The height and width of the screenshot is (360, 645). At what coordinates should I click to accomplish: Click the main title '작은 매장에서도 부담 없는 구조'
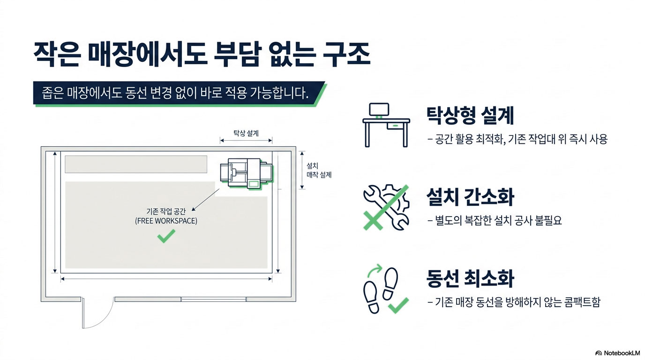tap(202, 55)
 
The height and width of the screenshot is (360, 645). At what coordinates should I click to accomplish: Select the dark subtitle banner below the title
tap(178, 94)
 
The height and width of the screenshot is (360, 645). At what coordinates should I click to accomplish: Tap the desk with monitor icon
tap(386, 124)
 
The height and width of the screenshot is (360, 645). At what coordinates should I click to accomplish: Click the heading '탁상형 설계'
tap(470, 115)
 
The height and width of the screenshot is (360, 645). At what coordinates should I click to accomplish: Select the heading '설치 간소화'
tap(470, 197)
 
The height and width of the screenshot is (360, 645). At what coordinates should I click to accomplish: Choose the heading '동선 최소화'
tap(470, 278)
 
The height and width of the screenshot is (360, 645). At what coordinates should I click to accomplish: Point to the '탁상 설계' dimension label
tap(246, 133)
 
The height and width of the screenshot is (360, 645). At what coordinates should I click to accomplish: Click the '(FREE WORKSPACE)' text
tap(166, 221)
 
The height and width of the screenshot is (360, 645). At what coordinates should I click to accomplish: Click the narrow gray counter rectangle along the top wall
tap(136, 164)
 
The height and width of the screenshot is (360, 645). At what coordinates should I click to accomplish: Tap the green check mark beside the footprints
tap(398, 305)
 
